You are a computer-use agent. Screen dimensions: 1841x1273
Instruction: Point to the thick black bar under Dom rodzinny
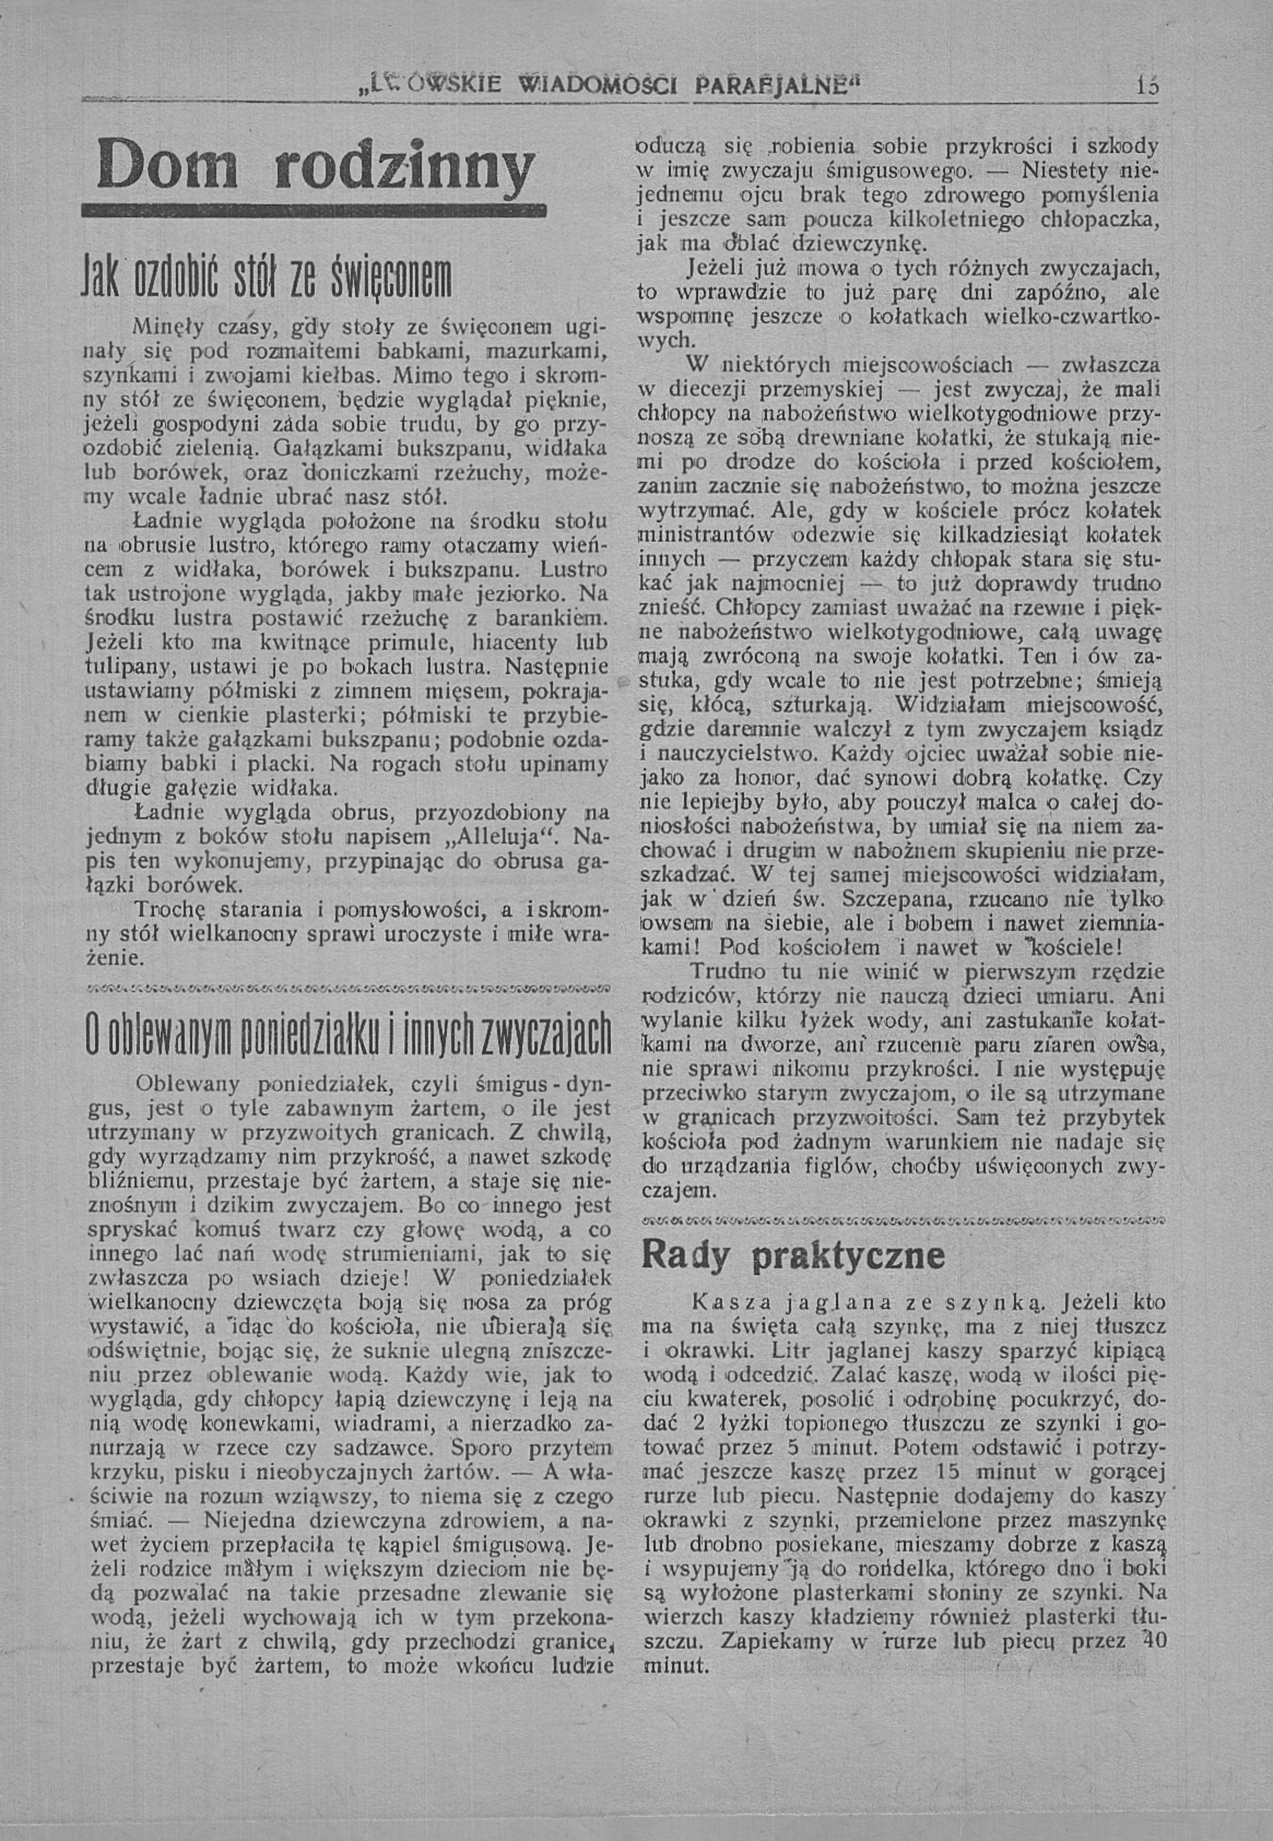[x=313, y=211]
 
